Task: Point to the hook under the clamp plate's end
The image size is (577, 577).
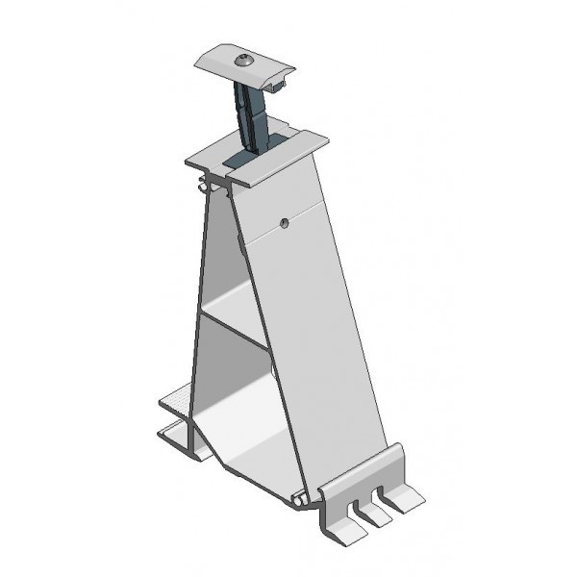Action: click(x=280, y=86)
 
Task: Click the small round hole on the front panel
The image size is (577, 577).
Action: click(x=284, y=224)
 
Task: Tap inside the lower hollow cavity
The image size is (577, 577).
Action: click(x=236, y=404)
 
